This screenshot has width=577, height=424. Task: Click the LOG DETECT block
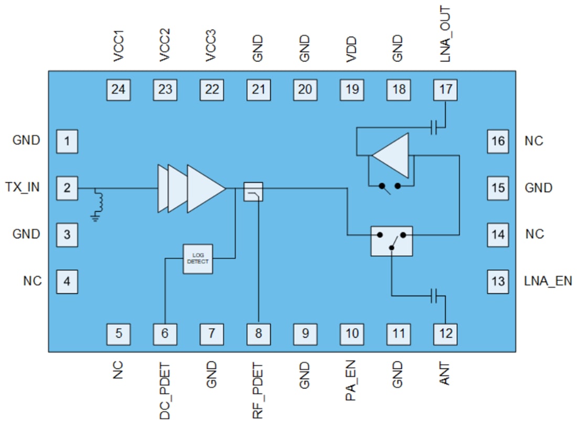click(x=198, y=258)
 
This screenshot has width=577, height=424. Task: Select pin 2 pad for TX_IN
click(x=67, y=187)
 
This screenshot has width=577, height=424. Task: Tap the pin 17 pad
click(x=445, y=89)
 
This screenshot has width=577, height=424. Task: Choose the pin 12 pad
click(x=445, y=333)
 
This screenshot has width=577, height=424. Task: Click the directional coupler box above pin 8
click(x=253, y=192)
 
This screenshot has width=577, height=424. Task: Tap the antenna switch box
click(x=391, y=241)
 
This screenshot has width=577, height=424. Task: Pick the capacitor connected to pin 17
click(x=434, y=127)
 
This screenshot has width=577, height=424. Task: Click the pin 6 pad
click(x=165, y=333)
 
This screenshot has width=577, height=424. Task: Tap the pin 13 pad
click(x=498, y=281)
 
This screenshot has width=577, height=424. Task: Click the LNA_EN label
click(x=548, y=281)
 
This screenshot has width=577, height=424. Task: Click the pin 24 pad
click(x=119, y=89)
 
